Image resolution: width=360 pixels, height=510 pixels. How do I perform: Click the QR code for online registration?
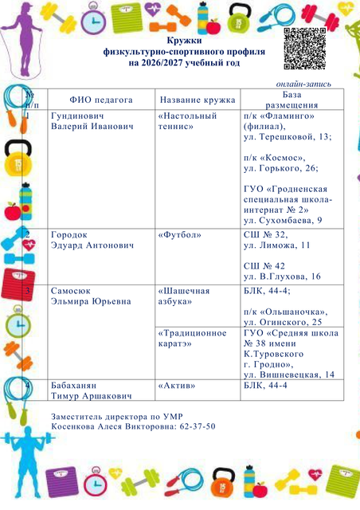point(304,49)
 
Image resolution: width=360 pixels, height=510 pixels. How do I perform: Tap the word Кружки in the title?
point(184,41)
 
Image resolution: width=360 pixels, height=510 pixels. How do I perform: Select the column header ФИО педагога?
point(101,100)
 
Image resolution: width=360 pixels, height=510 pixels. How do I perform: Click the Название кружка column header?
point(198,100)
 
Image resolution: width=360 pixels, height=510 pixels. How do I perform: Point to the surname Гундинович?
point(77,116)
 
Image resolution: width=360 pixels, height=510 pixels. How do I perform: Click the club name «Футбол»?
point(179,235)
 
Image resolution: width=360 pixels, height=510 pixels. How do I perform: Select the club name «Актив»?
point(177,386)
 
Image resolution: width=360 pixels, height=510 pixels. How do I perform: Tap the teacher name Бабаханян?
point(73,386)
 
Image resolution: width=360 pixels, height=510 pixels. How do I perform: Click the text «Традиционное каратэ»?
point(192,338)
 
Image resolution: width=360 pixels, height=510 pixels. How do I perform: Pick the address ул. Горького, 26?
point(281,168)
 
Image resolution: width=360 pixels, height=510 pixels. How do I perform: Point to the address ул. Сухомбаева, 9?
point(283,221)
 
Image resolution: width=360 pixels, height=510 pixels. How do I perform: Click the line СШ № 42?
point(264,266)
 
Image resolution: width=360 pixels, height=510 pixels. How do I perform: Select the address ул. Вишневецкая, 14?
point(289,375)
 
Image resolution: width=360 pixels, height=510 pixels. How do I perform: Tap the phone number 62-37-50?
point(198,426)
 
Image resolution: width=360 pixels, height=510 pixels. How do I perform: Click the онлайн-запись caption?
point(303,84)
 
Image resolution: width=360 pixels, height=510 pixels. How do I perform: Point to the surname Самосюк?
point(71,291)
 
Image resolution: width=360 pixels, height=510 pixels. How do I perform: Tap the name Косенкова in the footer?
point(72,426)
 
